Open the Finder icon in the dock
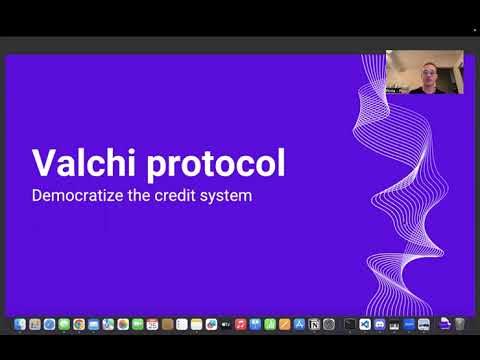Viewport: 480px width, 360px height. pos(19,324)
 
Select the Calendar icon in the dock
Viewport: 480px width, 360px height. pos(152,324)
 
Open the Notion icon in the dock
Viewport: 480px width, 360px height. pos(314,324)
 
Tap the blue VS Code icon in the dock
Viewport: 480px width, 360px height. pos(365,324)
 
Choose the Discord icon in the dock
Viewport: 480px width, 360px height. pos(380,324)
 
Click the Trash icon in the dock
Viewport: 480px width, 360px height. pos(460,324)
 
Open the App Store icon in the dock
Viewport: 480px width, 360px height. pos(299,324)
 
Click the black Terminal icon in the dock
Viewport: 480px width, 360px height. pos(350,324)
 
